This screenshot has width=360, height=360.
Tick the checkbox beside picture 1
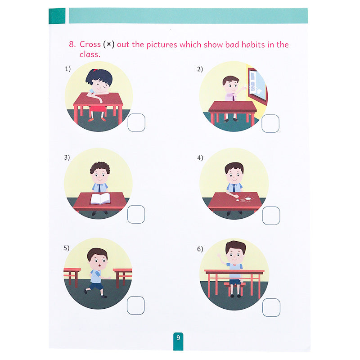point(136,122)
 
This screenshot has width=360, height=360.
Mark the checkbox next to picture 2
point(270,123)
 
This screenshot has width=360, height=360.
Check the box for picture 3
point(136,214)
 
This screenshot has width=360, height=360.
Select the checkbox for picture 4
point(271,216)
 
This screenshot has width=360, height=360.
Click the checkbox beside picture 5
point(136,306)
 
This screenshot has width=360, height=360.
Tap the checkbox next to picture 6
point(271,307)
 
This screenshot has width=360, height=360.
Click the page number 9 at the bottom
point(178,338)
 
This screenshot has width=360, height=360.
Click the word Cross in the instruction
point(90,44)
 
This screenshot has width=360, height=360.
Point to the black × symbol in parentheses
point(109,44)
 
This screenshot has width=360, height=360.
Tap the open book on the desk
point(100,198)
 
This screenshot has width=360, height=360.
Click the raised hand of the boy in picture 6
point(219,256)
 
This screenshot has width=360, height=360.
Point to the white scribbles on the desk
point(244,199)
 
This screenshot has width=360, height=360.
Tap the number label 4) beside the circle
point(200,158)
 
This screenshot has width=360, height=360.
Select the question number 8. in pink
point(72,44)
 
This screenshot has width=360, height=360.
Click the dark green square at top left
point(57,16)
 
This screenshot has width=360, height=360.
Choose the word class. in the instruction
point(90,54)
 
